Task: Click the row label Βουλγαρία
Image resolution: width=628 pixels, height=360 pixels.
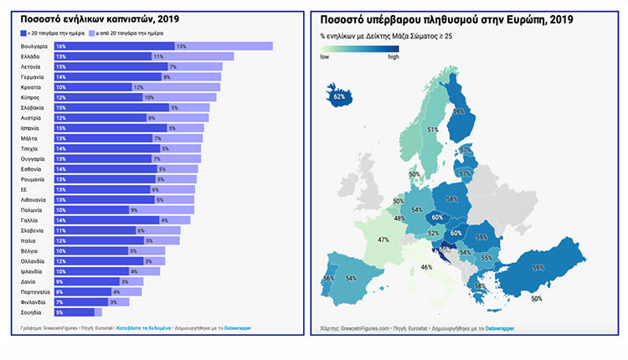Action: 36,46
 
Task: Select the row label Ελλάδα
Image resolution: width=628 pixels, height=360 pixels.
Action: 33,56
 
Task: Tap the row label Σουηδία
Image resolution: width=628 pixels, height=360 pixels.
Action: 32,311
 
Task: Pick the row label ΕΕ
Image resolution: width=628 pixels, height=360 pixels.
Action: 26,189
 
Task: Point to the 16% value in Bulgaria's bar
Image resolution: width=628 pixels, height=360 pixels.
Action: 61,46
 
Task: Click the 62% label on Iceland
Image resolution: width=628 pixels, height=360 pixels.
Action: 339,96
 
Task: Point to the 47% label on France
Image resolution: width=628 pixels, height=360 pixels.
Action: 383,239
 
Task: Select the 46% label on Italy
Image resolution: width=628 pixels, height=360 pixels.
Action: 426,266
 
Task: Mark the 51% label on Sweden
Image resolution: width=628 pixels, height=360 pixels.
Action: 433,130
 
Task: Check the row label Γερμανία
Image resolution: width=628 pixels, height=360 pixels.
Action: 34,76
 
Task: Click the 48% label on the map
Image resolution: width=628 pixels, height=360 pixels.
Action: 399,219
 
